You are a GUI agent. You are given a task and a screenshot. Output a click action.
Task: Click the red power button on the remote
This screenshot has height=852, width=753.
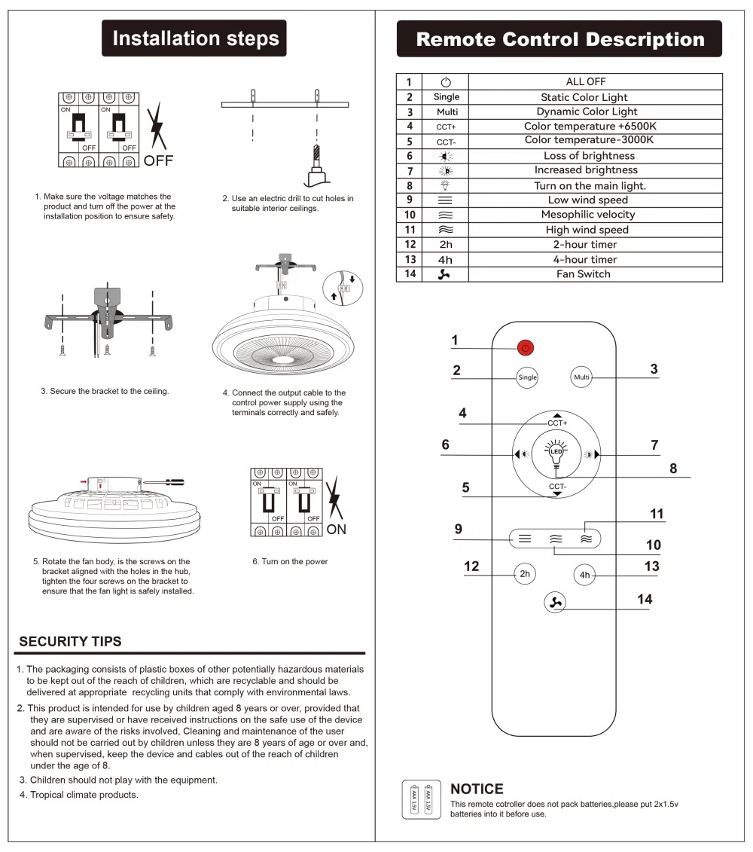click(526, 347)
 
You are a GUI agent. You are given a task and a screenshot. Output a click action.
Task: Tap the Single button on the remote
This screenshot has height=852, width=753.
click(528, 377)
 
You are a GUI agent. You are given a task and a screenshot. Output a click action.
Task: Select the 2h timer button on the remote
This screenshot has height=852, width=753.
click(526, 574)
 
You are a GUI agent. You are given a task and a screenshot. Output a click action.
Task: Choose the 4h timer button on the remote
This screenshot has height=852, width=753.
click(585, 576)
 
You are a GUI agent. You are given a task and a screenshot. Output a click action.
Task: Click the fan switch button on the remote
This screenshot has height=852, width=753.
click(556, 602)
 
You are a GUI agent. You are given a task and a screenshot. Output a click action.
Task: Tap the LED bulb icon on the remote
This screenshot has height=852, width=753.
click(556, 452)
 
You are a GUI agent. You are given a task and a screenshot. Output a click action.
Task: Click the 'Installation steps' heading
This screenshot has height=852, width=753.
click(195, 38)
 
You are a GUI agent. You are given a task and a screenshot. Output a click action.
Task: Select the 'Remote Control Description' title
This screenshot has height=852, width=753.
click(559, 39)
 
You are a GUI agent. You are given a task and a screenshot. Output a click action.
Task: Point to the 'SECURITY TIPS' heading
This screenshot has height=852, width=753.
click(70, 642)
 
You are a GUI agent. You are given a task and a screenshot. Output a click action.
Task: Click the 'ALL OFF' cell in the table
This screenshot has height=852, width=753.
click(586, 81)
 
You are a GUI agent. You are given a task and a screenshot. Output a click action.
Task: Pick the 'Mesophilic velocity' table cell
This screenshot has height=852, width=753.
click(588, 215)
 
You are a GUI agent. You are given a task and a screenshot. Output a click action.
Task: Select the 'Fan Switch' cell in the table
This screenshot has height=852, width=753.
click(584, 274)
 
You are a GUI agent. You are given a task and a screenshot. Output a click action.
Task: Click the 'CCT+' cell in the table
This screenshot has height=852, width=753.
click(447, 127)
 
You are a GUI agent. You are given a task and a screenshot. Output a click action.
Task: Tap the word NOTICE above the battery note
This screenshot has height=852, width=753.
click(477, 789)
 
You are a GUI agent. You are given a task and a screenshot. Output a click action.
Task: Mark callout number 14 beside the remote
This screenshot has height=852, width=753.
click(645, 600)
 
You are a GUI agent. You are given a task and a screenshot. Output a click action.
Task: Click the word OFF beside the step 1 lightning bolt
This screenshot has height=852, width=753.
click(158, 160)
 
